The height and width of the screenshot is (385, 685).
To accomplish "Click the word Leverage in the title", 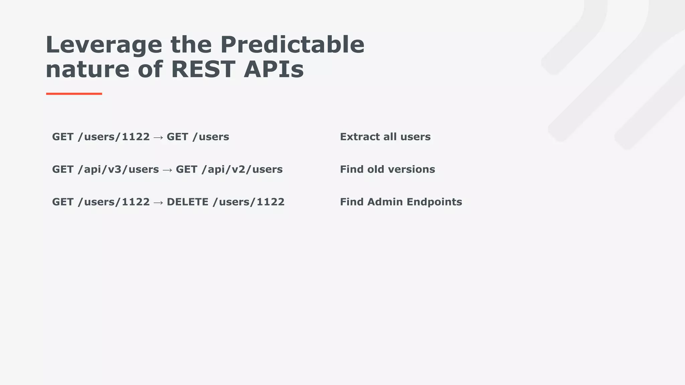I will [104, 45].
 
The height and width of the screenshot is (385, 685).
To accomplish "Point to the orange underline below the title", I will [74, 94].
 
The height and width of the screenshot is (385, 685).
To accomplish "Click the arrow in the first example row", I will [158, 137].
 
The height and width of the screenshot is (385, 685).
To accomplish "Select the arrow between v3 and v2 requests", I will [167, 170].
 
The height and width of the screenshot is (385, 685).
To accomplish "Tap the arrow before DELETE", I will [158, 203].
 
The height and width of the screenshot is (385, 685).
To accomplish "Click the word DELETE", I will [187, 202].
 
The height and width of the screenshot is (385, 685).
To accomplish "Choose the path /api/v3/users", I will [118, 169].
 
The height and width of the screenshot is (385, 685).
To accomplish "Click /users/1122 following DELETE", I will [249, 202].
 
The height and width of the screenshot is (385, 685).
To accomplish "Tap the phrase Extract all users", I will [385, 137].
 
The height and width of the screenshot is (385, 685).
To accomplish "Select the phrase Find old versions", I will [387, 169].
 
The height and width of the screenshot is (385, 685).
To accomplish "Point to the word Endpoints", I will [434, 202].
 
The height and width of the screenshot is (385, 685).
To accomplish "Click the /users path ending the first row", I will [211, 137].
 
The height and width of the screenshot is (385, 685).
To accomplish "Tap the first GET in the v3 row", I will [63, 169].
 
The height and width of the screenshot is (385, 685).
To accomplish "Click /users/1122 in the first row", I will [114, 137].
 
